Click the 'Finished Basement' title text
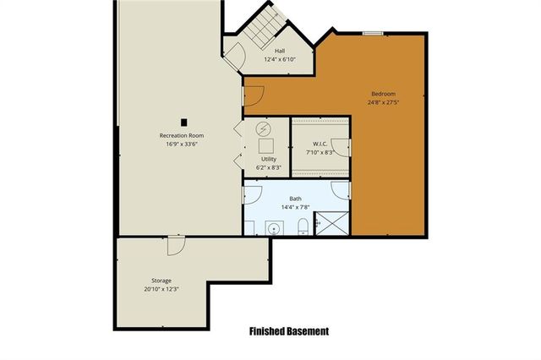click(288, 331)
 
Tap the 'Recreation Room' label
click(182, 135)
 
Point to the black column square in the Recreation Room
click(182, 120)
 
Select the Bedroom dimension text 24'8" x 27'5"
click(383, 102)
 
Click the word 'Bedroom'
click(383, 93)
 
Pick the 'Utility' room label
click(268, 159)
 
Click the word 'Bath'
click(295, 199)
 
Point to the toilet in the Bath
click(303, 226)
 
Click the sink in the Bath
click(274, 227)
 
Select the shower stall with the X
click(332, 224)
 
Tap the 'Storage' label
click(161, 280)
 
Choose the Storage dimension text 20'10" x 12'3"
click(161, 289)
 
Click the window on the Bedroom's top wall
click(372, 33)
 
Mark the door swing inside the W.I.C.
click(342, 147)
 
